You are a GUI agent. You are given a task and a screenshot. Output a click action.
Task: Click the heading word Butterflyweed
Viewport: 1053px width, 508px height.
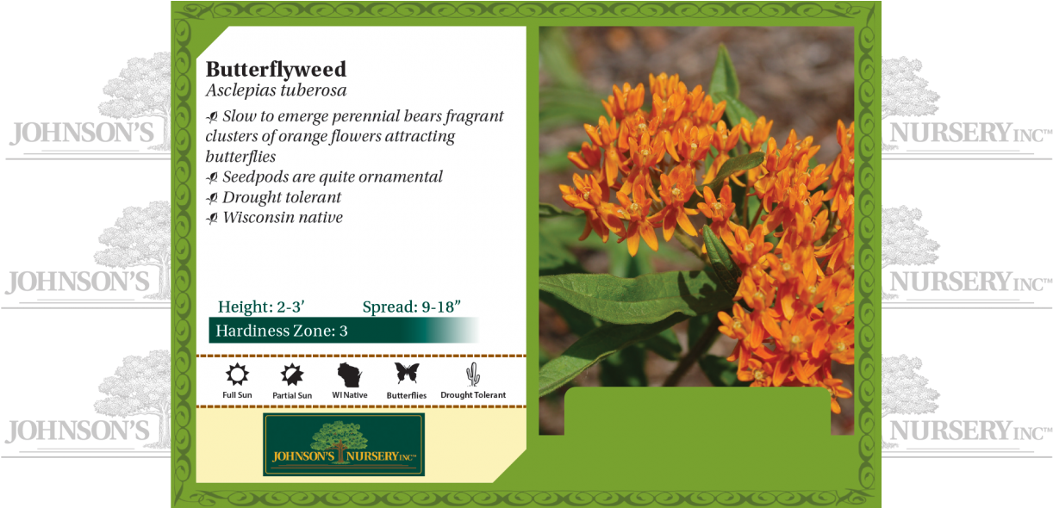(x=276, y=69)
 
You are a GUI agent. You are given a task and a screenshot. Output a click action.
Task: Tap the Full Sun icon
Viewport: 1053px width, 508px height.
(x=237, y=375)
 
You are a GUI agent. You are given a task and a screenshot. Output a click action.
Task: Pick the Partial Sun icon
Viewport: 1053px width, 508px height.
(x=292, y=375)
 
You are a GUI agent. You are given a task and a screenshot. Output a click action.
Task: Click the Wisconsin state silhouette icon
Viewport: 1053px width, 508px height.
(x=349, y=375)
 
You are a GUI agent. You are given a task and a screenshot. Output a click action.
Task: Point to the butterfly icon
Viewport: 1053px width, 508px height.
(x=407, y=373)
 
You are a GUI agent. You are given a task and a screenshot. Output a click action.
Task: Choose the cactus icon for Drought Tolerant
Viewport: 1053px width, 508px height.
(x=472, y=374)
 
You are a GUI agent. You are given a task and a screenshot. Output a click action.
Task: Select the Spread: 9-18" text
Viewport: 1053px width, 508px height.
(x=412, y=307)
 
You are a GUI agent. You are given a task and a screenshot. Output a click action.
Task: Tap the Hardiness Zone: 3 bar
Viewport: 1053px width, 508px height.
(x=343, y=331)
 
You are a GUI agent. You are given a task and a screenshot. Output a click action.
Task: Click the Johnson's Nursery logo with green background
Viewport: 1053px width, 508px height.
(x=344, y=444)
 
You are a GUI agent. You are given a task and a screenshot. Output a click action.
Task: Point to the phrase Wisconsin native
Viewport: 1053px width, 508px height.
(x=283, y=218)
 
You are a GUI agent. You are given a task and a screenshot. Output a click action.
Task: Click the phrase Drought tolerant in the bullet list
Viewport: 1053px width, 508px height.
(x=282, y=197)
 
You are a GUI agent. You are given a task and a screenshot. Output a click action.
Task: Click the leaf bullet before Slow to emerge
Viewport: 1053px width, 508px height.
(x=212, y=117)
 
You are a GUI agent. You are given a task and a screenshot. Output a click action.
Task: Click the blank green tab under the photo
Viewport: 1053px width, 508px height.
(x=696, y=412)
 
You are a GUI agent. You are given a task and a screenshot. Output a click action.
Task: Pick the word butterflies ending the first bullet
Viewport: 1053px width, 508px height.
(x=240, y=157)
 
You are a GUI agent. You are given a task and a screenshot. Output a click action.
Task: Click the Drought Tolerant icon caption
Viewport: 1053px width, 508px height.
(x=473, y=395)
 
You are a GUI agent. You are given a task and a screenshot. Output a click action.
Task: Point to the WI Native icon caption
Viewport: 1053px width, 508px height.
(x=350, y=395)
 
